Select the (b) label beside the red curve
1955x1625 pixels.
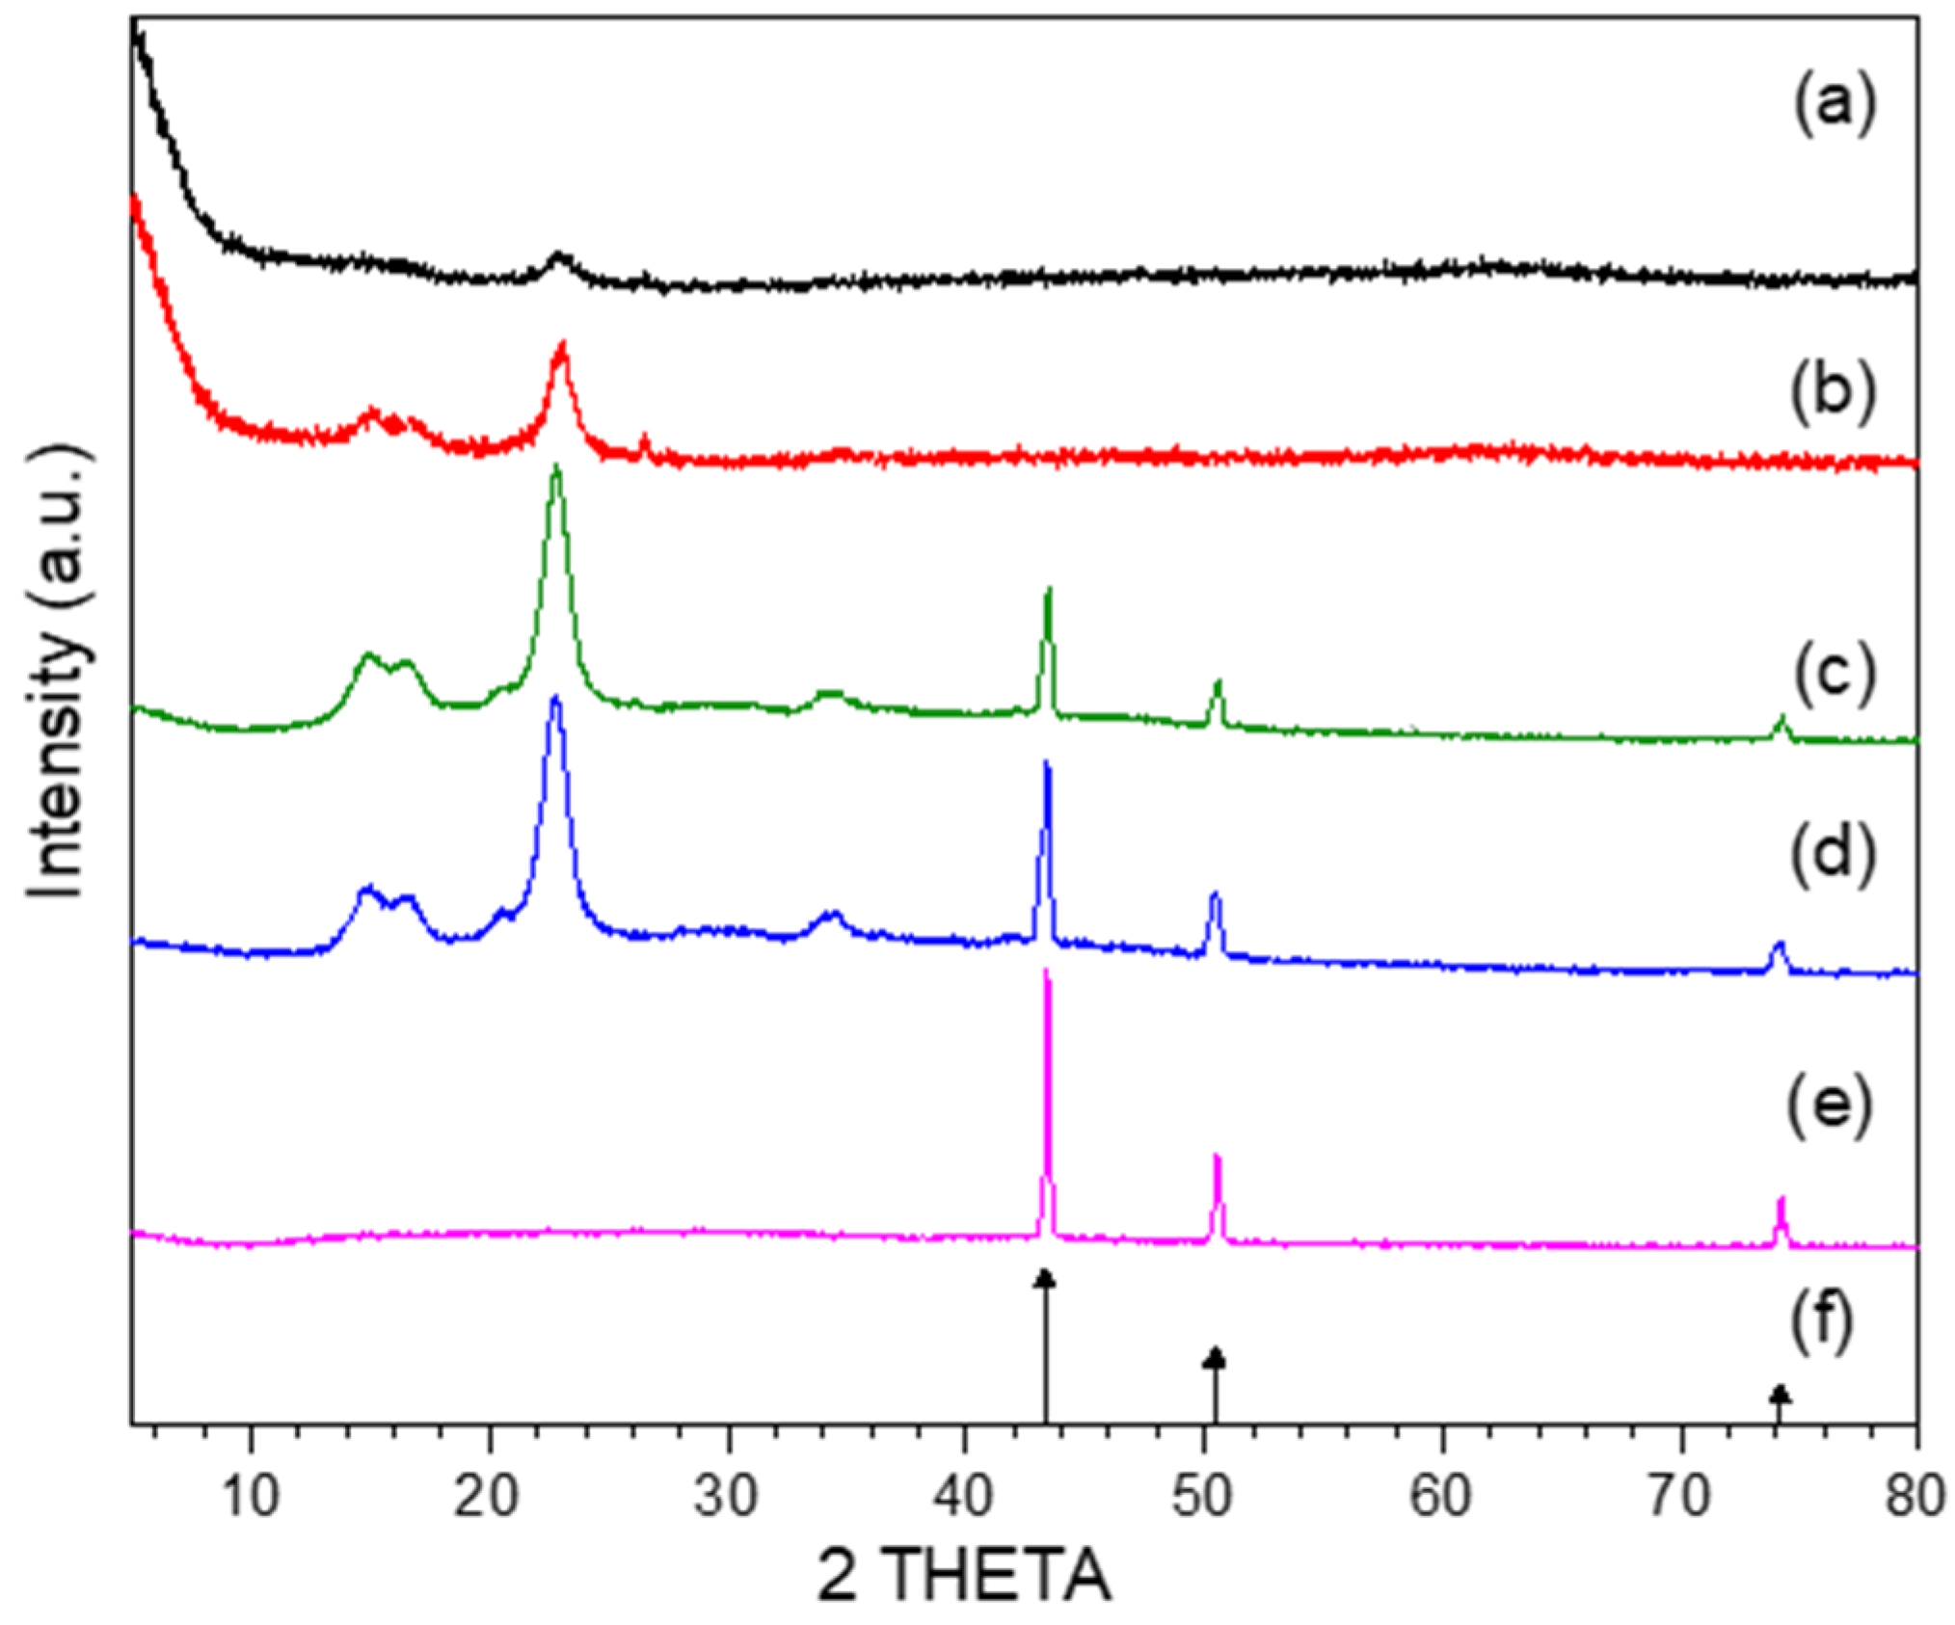pos(1834,391)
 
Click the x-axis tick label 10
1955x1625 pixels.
pos(251,1496)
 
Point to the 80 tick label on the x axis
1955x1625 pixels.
pos(1915,1496)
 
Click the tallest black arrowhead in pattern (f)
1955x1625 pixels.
pos(1045,1279)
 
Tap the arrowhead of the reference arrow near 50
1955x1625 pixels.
pos(1215,1357)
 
